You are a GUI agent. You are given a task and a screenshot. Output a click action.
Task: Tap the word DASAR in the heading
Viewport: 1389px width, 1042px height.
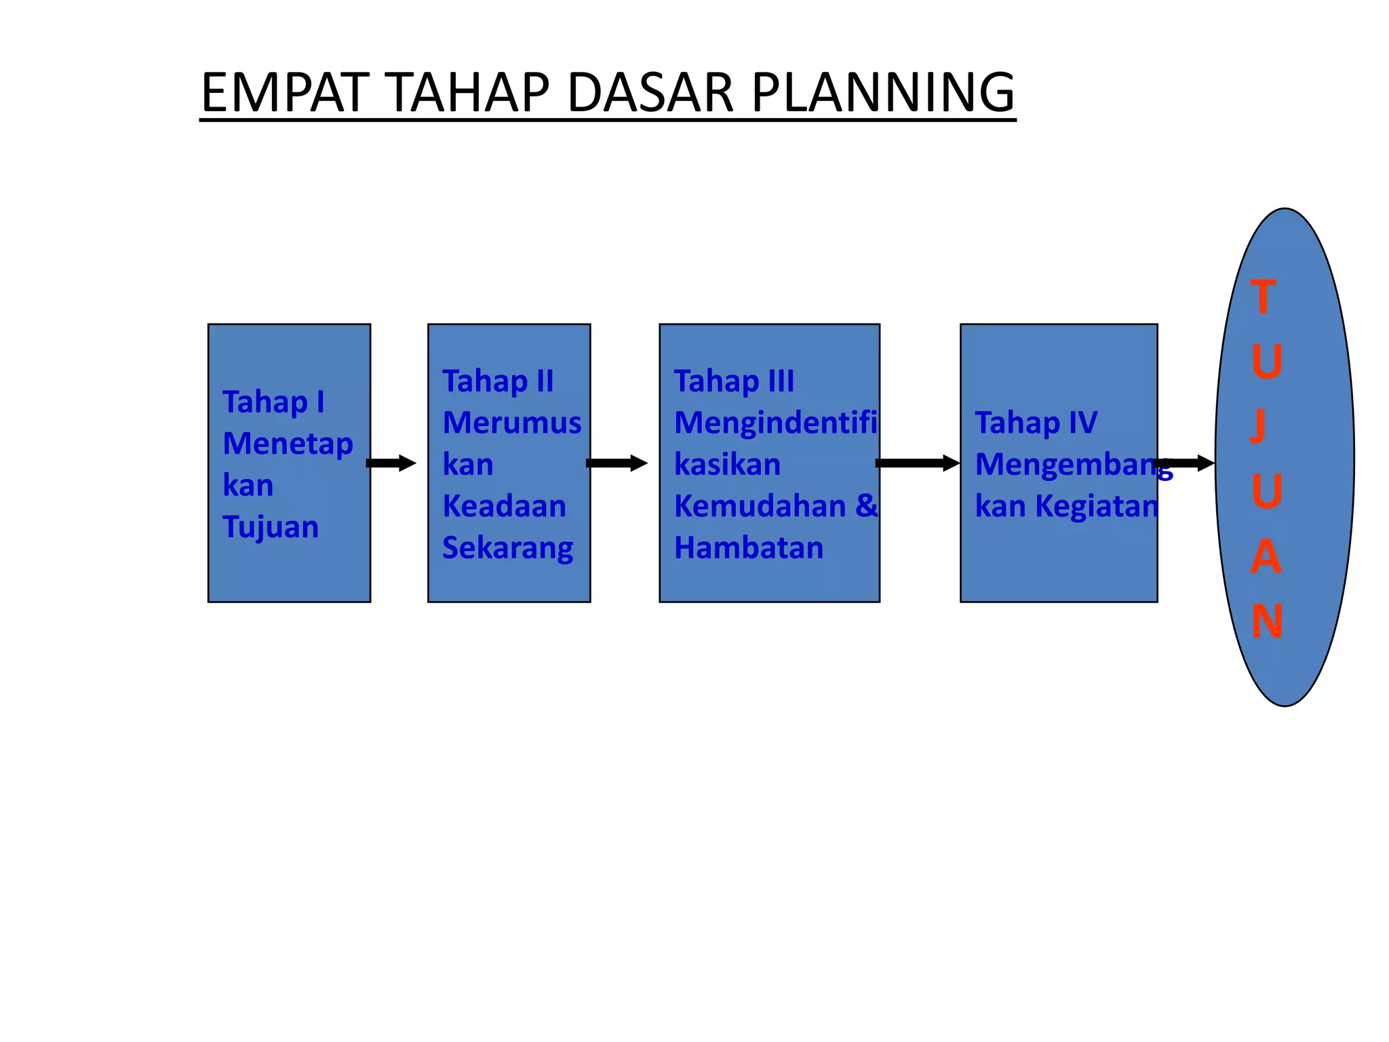650,93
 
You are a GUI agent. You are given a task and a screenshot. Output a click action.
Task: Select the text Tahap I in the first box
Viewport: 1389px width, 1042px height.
273,402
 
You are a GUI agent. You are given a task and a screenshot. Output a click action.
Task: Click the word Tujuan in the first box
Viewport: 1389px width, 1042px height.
271,527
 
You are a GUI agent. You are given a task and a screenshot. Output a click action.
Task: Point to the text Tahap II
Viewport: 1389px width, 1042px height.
498,381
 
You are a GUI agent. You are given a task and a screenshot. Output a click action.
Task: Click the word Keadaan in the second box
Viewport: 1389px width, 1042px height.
504,506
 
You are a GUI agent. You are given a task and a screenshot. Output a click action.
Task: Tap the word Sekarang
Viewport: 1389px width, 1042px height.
507,548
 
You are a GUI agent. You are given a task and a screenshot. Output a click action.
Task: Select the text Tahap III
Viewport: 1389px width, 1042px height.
734,381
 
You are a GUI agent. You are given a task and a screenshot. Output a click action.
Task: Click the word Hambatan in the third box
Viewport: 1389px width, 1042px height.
749,548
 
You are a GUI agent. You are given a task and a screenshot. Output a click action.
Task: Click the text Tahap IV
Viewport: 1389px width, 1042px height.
1036,423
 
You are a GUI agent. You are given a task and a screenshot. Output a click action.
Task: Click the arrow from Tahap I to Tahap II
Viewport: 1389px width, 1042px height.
391,463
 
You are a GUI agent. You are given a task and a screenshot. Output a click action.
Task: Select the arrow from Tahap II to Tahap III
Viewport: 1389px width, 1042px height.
617,463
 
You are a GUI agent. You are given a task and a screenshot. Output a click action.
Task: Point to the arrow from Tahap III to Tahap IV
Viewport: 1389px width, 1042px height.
918,463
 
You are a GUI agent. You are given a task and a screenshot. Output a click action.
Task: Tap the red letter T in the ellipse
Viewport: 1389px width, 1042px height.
1263,297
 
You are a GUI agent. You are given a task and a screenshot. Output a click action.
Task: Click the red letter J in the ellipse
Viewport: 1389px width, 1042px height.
1259,425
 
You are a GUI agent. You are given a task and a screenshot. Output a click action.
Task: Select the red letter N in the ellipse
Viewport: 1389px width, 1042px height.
1266,621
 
